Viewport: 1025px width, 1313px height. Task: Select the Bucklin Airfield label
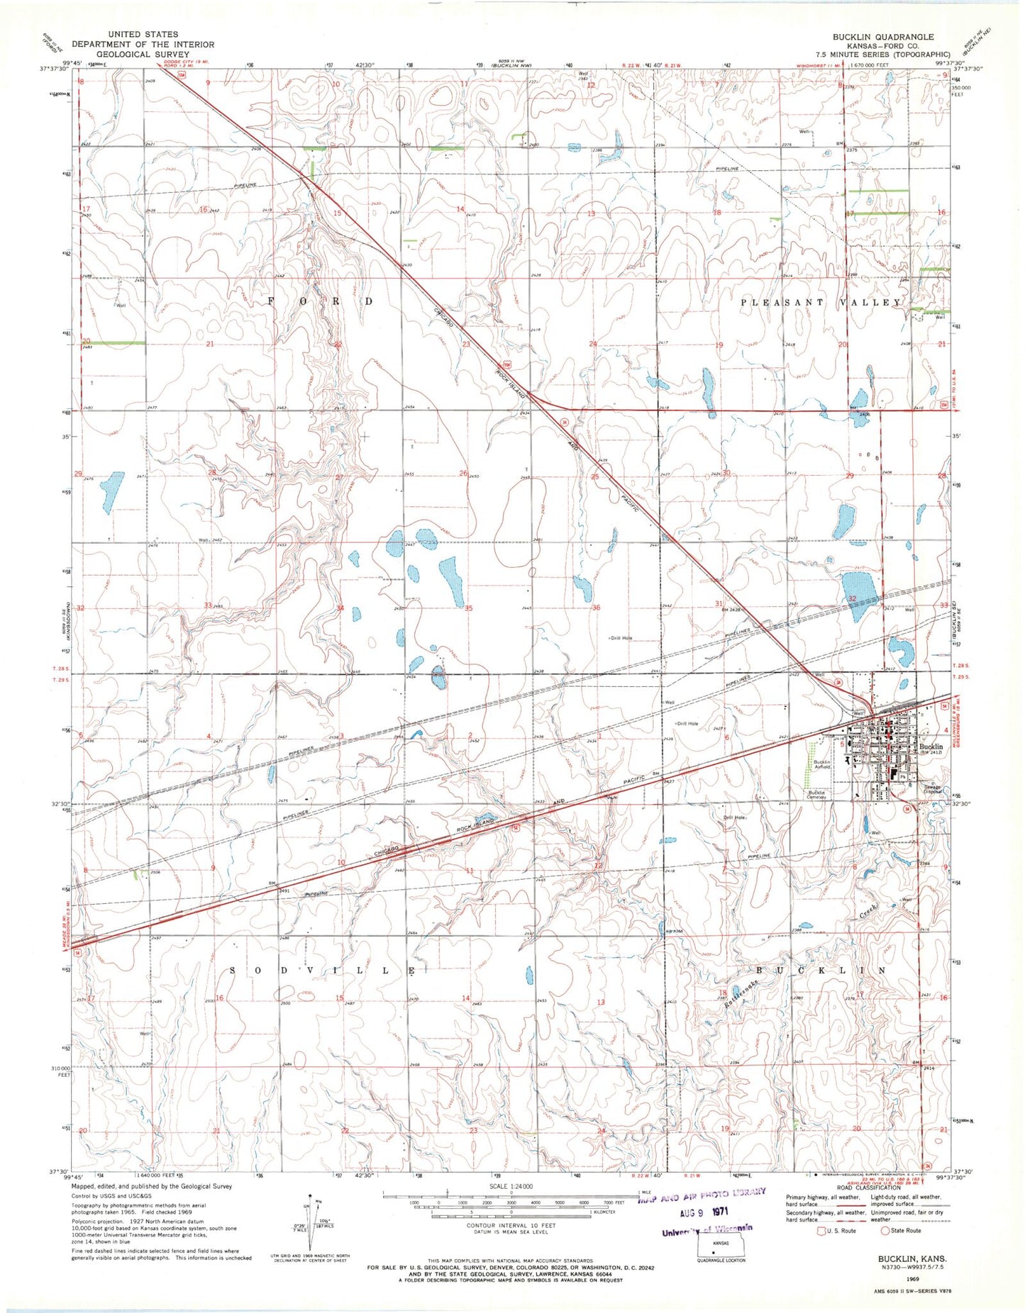tap(821, 764)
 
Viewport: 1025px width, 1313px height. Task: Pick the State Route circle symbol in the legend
tap(885, 1230)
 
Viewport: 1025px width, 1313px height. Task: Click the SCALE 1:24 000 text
tap(511, 1186)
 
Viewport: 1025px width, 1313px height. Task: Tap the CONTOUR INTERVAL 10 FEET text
tap(511, 1225)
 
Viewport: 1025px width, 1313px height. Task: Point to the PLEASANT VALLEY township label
tap(821, 303)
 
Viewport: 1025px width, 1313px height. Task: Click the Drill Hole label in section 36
tap(621, 638)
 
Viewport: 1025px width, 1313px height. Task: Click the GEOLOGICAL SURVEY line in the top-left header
tap(144, 54)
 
